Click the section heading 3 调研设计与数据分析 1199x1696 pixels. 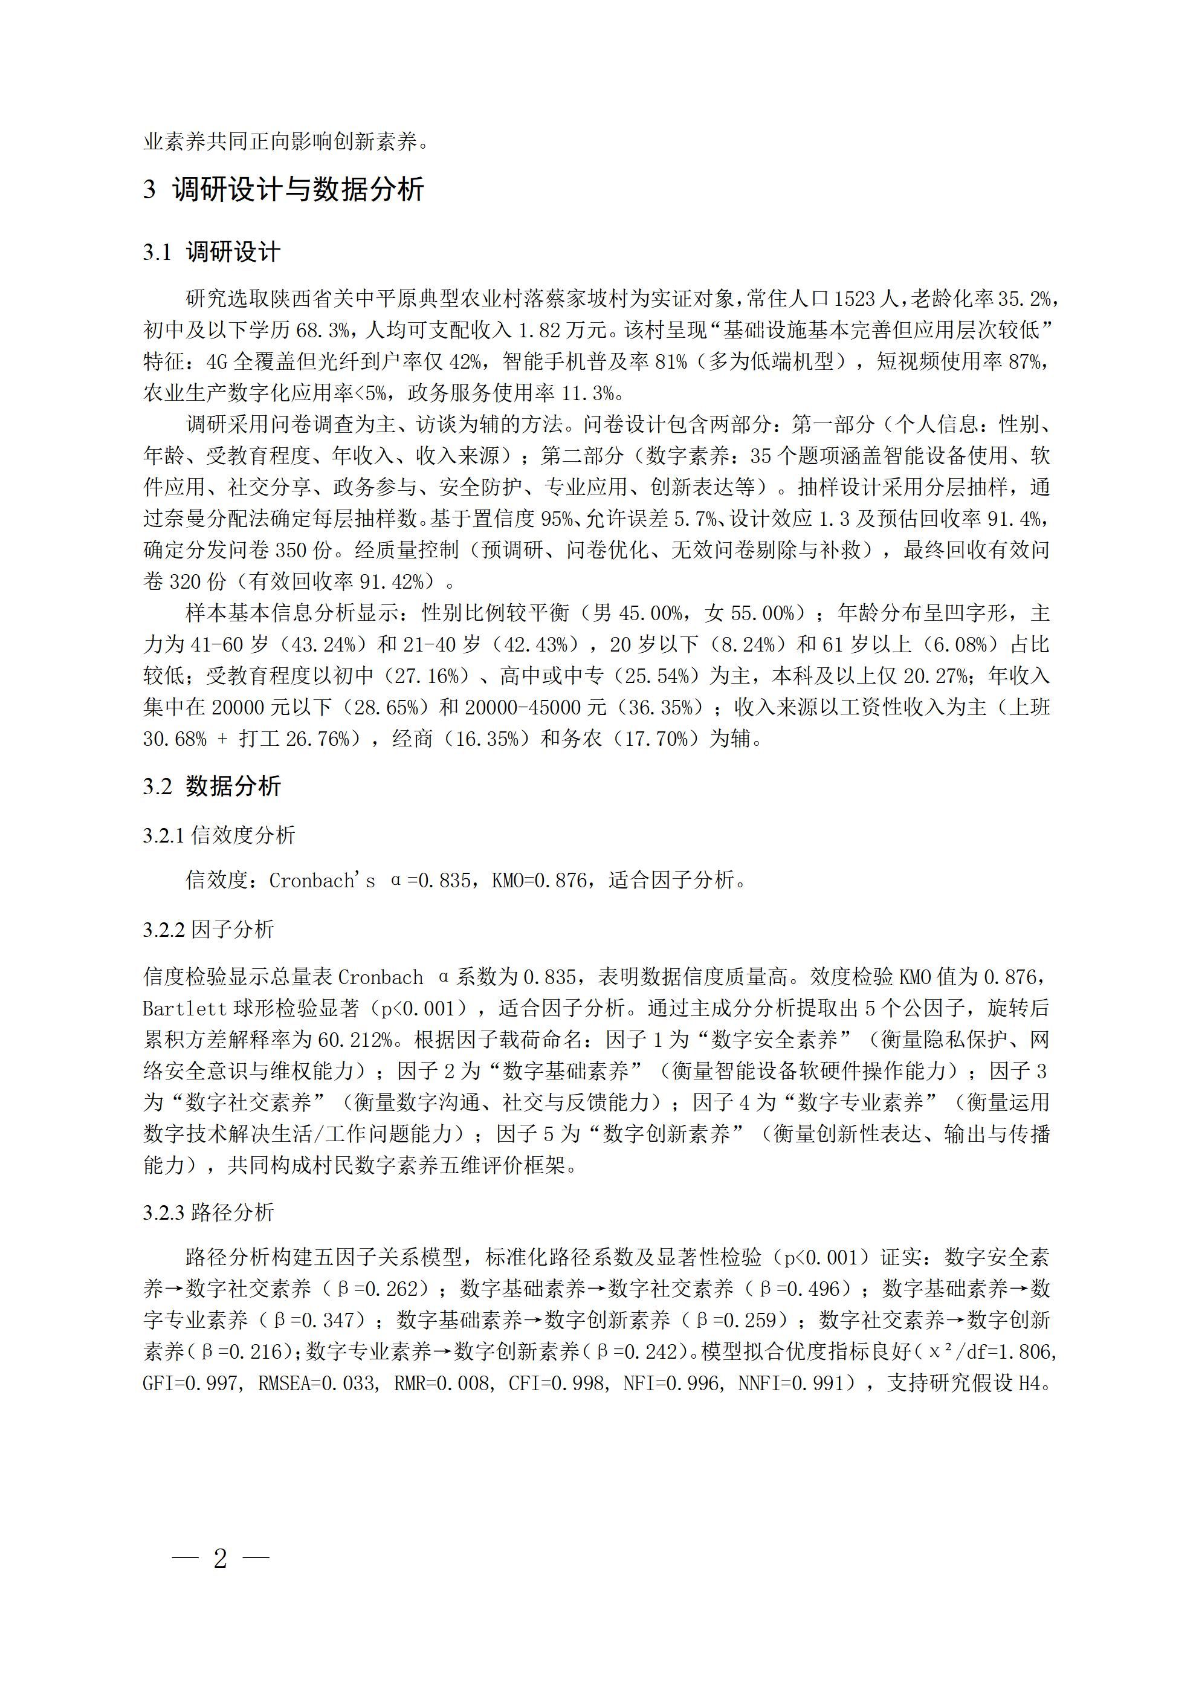(x=283, y=190)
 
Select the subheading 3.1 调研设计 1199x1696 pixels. (x=212, y=253)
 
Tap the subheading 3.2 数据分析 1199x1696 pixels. (x=212, y=786)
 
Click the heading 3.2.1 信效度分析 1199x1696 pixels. (x=219, y=835)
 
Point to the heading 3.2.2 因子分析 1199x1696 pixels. (x=209, y=929)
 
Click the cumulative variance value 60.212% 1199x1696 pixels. (x=355, y=1040)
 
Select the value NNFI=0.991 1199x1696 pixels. (x=791, y=1384)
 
